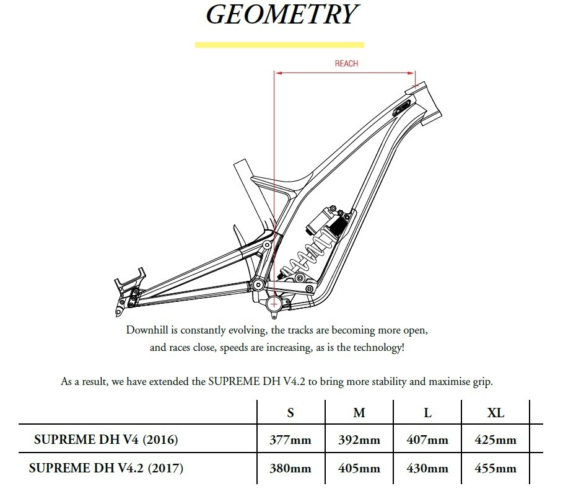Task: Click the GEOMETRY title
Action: click(x=282, y=14)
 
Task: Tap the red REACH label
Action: click(x=346, y=64)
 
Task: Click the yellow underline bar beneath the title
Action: click(x=279, y=45)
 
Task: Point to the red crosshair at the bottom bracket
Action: click(x=274, y=304)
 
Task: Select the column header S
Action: click(x=290, y=413)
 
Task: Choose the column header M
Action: click(x=359, y=413)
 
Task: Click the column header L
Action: click(x=427, y=413)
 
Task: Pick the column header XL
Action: click(x=495, y=413)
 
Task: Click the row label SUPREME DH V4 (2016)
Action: click(x=106, y=440)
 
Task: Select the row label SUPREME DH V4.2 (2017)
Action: click(x=106, y=468)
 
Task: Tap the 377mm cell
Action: click(x=290, y=440)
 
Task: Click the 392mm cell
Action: click(x=359, y=440)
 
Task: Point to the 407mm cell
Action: click(x=427, y=440)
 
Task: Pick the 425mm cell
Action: click(x=495, y=440)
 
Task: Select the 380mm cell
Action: click(x=290, y=468)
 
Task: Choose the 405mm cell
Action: click(x=359, y=468)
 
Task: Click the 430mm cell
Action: click(x=427, y=468)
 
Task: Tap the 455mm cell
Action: click(x=495, y=468)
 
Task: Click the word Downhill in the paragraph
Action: click(x=147, y=330)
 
